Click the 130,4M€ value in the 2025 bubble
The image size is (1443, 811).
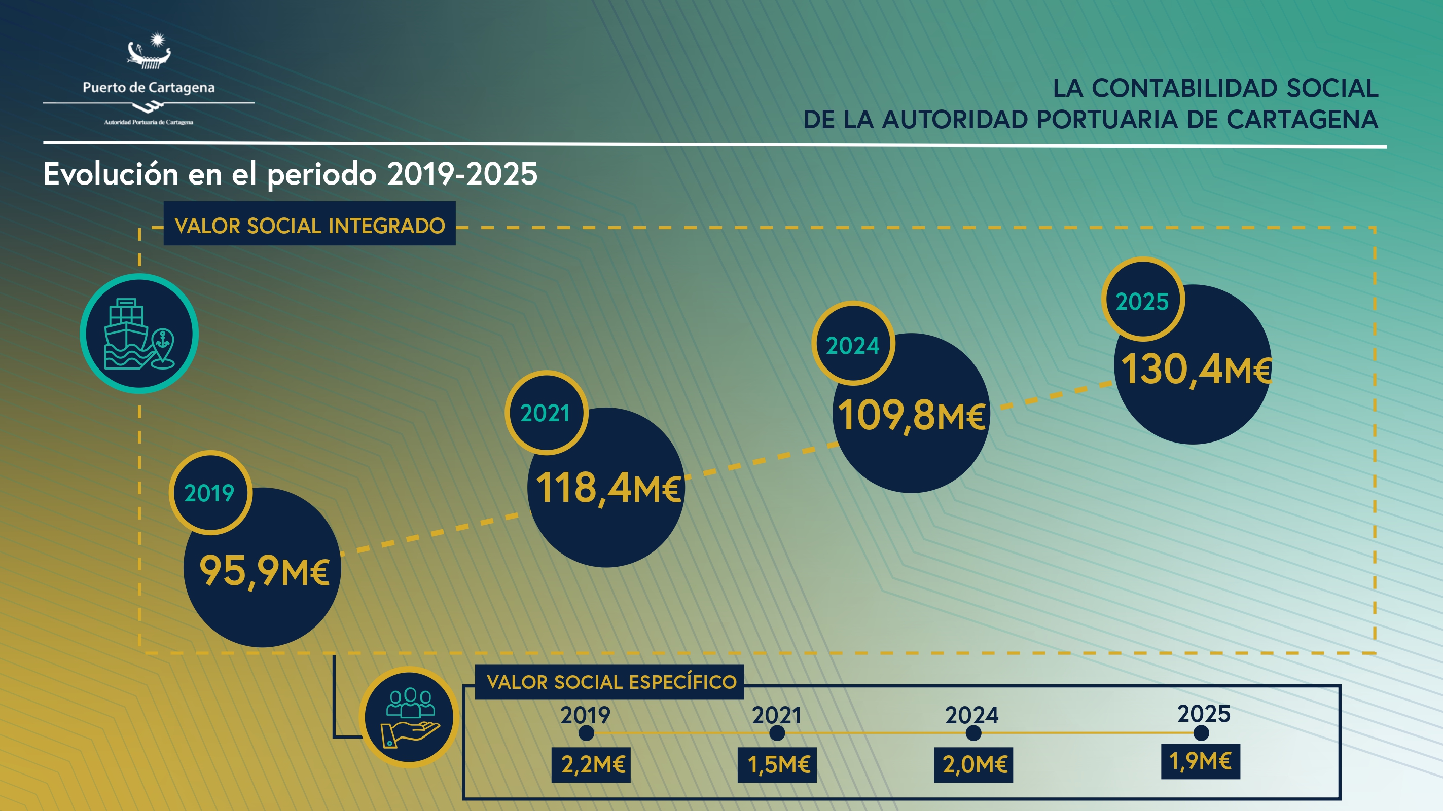tap(1196, 370)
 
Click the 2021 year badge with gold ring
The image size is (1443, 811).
tap(546, 413)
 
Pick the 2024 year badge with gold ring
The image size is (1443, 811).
tap(853, 345)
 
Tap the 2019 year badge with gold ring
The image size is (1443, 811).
tap(210, 493)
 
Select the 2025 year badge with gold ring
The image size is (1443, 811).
tap(1143, 301)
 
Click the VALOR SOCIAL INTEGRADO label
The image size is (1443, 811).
tap(310, 225)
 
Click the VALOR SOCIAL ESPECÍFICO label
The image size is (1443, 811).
tap(610, 682)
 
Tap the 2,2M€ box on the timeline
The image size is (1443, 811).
tap(592, 764)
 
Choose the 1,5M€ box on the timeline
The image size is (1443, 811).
tap(777, 764)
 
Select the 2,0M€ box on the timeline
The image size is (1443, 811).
tap(973, 764)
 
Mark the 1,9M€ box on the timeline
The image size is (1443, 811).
tap(1201, 761)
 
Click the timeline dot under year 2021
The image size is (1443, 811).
tap(777, 733)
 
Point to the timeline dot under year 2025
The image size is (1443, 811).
tap(1201, 732)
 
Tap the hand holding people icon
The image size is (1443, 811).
tap(410, 717)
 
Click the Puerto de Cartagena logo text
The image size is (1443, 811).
tap(149, 88)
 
